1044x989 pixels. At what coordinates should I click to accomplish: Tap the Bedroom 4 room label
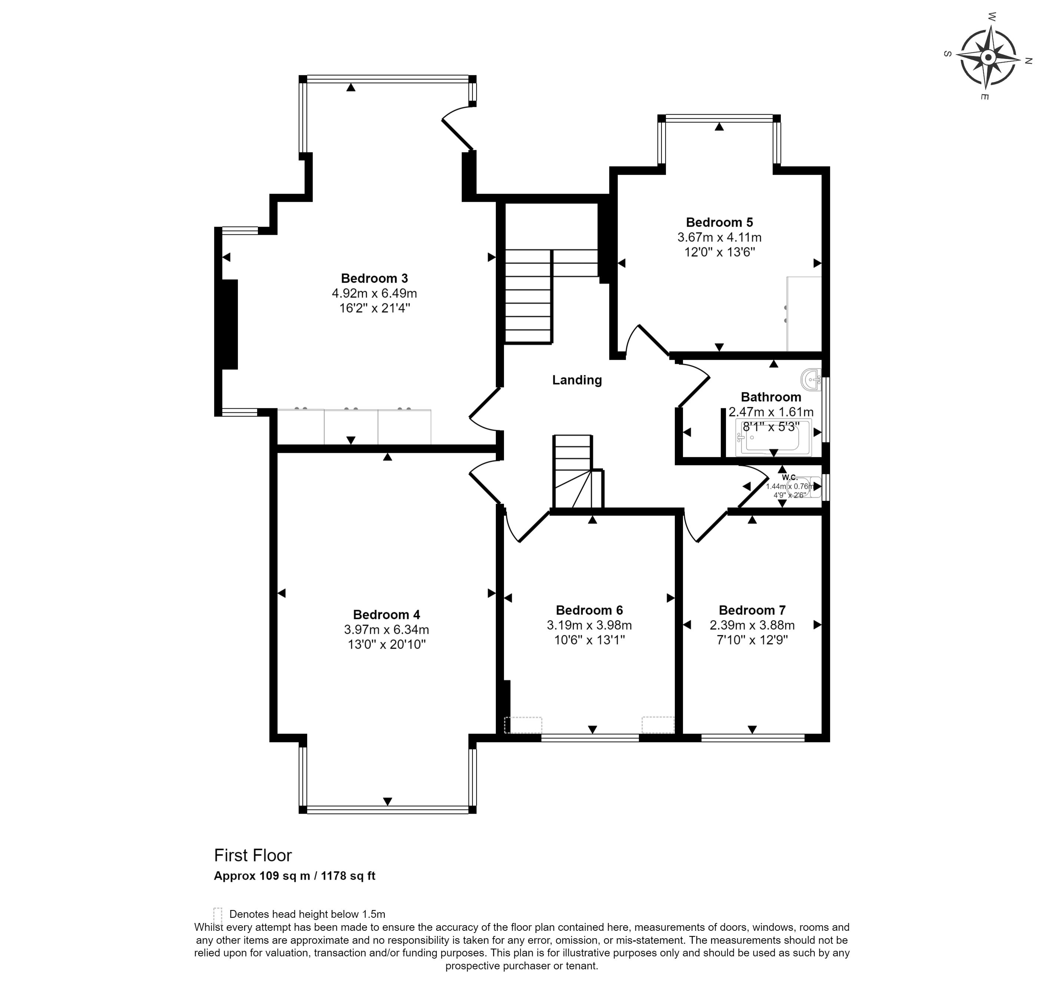click(x=387, y=615)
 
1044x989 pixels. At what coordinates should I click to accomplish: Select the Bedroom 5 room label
click(x=719, y=222)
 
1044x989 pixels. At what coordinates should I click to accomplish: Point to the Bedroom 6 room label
click(x=589, y=610)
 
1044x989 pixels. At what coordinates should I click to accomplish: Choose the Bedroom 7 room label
click(x=752, y=610)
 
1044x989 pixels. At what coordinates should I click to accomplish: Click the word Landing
click(x=577, y=380)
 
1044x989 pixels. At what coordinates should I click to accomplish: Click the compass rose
click(x=988, y=57)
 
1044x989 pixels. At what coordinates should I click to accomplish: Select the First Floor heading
click(x=253, y=855)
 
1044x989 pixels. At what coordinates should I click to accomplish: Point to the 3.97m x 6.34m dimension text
click(x=387, y=629)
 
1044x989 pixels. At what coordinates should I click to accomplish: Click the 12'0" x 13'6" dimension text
click(x=719, y=252)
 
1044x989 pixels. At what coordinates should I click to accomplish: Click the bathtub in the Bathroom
click(x=773, y=438)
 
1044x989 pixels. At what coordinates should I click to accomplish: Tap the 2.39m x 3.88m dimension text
click(x=752, y=625)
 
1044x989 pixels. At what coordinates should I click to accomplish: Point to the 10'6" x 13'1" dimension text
click(x=589, y=640)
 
